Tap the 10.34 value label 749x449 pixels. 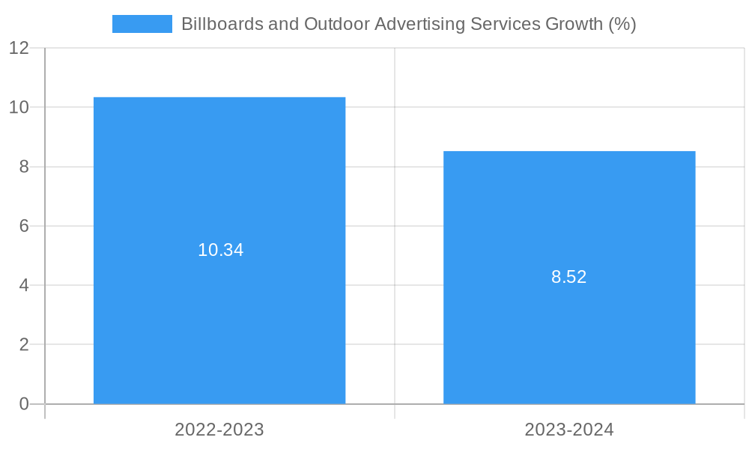(221, 250)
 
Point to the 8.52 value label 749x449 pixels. (569, 277)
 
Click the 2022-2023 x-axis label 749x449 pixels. (219, 430)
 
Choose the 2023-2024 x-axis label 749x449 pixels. (569, 430)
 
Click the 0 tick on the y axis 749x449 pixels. (24, 404)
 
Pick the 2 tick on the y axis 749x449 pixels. (24, 345)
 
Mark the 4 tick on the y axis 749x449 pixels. (24, 285)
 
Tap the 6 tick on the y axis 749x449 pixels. (24, 226)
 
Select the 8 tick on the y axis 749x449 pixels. (24, 167)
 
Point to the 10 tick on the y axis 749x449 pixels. (19, 107)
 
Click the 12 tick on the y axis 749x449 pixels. (19, 48)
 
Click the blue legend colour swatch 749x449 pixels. (142, 24)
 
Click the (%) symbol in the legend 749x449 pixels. (622, 24)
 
